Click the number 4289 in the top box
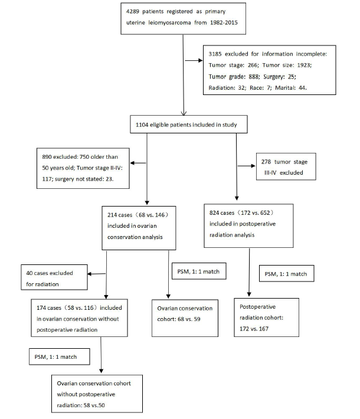pos(133,11)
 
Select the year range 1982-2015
pos(224,22)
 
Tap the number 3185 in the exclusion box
pos(215,54)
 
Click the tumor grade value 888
pos(254,77)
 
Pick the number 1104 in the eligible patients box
pos(142,125)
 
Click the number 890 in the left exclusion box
pos(47,157)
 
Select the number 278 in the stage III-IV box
pos(266,162)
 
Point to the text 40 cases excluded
pos(50,273)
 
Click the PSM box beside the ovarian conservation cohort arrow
pos(199,271)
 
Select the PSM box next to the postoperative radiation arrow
pos(286,273)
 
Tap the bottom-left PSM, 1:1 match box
pos(60,356)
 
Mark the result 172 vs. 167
pos(254,329)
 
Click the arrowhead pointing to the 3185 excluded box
pos(201,61)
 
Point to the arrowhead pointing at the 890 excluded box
pos(132,163)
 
